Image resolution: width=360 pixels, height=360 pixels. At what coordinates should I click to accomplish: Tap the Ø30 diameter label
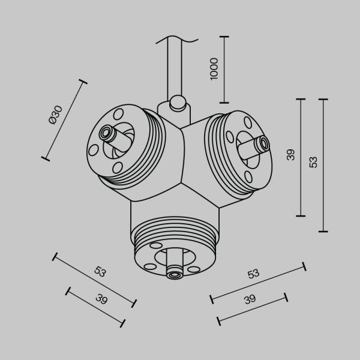tap(55, 114)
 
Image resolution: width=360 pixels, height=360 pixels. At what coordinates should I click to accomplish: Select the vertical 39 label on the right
tap(290, 155)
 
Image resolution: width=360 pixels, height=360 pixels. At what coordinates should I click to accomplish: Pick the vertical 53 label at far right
tap(313, 162)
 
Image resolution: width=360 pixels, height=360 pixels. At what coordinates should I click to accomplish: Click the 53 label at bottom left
tap(101, 271)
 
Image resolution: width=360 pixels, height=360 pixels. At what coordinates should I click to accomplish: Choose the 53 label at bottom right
tap(253, 274)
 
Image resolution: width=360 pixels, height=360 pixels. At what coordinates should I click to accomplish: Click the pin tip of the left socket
tap(106, 131)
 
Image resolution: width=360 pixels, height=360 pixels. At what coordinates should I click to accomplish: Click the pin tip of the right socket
tap(262, 144)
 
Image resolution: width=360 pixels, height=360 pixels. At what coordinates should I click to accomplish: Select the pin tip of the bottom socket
tap(175, 275)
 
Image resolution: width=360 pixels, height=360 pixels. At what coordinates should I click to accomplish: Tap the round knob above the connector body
tap(177, 103)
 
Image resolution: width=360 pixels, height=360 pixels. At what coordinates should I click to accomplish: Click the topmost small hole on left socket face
tap(118, 112)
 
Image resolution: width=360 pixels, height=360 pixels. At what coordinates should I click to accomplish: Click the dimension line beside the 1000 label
tap(225, 70)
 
